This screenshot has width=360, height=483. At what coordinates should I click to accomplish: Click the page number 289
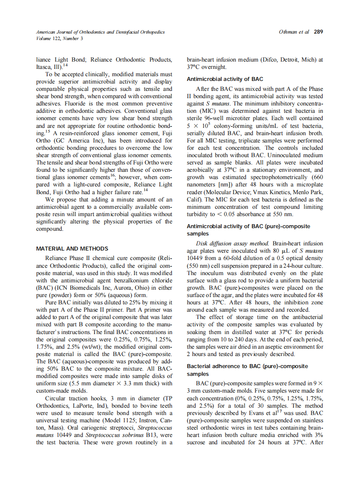[318, 32]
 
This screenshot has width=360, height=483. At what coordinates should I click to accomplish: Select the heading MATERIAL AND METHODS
[72, 248]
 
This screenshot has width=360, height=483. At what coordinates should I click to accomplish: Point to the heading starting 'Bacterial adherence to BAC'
[247, 366]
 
